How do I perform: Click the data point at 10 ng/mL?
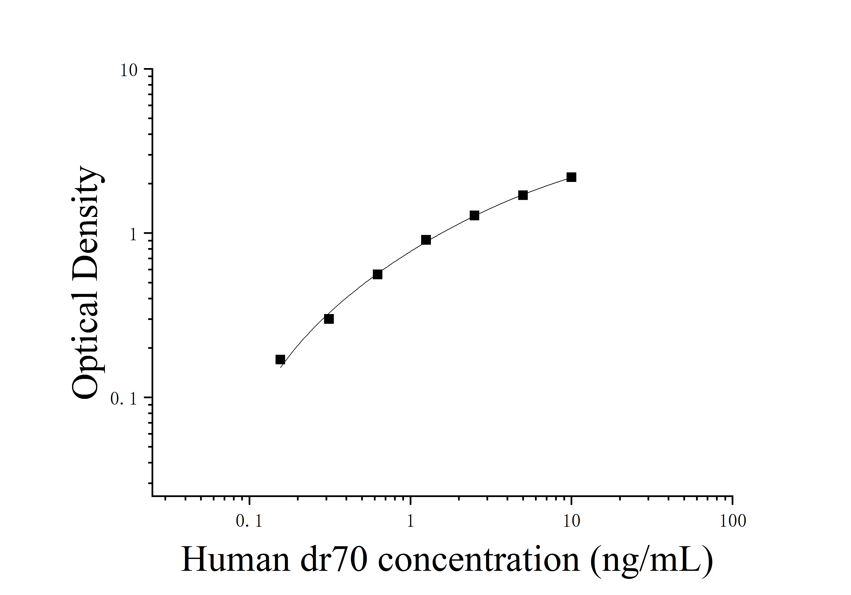571,177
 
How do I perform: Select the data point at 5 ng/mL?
523,195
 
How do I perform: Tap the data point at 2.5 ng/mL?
474,215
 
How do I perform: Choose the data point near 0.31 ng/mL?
329,319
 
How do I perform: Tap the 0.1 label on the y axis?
124,399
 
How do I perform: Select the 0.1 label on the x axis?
249,522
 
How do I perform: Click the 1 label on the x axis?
410,522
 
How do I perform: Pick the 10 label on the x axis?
571,522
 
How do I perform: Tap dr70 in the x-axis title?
334,559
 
